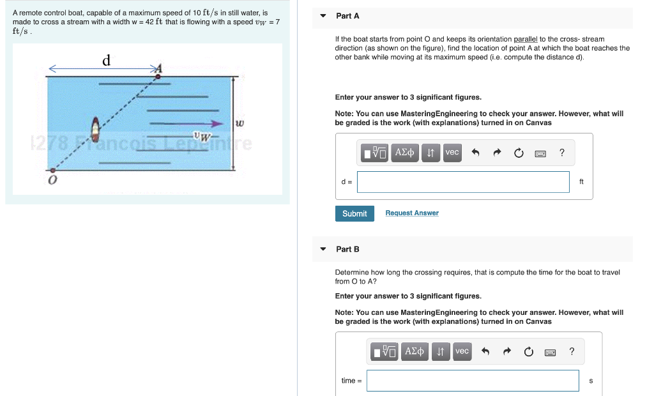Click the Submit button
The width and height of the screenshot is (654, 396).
click(354, 213)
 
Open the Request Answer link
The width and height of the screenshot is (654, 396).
click(412, 213)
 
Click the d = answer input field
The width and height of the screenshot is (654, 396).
click(463, 182)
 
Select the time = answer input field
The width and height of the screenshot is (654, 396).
click(473, 381)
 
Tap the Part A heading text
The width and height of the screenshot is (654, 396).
click(347, 16)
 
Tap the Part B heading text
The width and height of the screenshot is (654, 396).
click(347, 249)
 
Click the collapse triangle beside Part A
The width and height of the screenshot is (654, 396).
click(323, 16)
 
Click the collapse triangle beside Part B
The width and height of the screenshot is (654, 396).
click(323, 249)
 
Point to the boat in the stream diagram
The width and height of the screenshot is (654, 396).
click(96, 130)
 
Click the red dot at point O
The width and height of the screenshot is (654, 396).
click(52, 170)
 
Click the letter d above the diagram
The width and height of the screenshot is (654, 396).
click(107, 61)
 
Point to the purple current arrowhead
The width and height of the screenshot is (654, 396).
click(218, 123)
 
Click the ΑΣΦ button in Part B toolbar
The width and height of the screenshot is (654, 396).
click(414, 351)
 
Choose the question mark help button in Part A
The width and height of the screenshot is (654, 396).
click(561, 153)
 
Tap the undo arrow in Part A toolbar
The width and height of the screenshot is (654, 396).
click(475, 153)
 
